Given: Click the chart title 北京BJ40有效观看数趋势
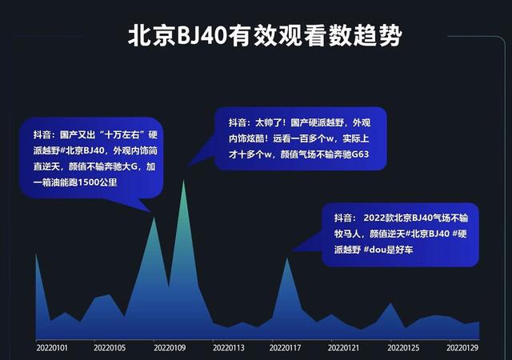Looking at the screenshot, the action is point(265,35).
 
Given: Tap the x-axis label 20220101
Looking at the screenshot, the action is point(52,347).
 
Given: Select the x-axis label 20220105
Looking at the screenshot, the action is point(110,347).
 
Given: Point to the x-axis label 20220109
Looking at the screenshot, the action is point(170,347).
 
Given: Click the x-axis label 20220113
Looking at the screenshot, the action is point(229,347).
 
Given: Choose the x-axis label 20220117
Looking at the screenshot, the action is point(285,347).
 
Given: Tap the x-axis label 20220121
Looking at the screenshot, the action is point(343,347).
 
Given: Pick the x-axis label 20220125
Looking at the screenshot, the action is point(403,347).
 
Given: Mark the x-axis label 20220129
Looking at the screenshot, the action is point(462,347).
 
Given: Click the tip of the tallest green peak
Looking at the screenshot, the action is point(183,181).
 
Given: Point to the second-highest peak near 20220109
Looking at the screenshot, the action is point(154,218).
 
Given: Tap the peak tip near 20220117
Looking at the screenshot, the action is point(287,258).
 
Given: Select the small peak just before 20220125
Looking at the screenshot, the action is point(390,303).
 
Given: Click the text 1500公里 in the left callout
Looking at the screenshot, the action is point(98,182).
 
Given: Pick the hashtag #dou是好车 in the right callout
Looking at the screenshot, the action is point(388,250).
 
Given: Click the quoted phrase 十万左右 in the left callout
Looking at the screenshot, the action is point(122,134).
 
